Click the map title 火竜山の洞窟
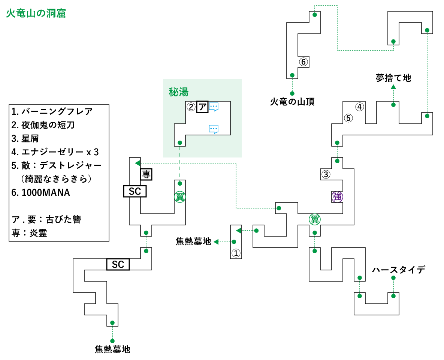[36, 13]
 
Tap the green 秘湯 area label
[179, 92]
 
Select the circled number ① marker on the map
[236, 253]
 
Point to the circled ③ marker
[326, 174]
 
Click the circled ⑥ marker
[303, 61]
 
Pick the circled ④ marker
[360, 107]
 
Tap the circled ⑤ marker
[348, 118]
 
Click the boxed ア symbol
[202, 107]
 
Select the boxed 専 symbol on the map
[146, 174]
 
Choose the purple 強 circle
[337, 196]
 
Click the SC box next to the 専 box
[135, 191]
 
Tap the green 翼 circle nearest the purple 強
[315, 219]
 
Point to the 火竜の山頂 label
[292, 102]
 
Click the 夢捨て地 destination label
[393, 78]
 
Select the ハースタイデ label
[398, 270]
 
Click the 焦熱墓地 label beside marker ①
[193, 241]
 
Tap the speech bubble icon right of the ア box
[214, 107]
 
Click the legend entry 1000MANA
[41, 192]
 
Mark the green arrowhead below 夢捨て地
[393, 87]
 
